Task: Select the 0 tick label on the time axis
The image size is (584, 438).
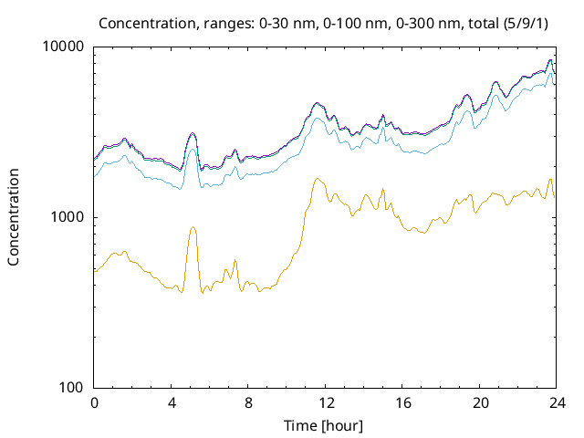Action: [94, 402]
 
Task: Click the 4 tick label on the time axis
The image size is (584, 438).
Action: [171, 402]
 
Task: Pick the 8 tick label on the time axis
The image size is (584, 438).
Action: [248, 402]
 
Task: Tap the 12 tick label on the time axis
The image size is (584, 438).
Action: [325, 402]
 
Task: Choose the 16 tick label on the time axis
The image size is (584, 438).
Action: [401, 402]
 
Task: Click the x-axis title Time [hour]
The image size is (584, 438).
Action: [325, 425]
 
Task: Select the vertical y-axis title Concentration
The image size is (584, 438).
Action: [14, 217]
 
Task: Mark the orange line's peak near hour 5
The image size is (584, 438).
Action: [193, 227]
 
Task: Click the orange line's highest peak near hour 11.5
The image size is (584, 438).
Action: [317, 179]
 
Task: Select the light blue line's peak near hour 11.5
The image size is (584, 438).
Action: [317, 118]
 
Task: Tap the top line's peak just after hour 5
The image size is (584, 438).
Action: [193, 133]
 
